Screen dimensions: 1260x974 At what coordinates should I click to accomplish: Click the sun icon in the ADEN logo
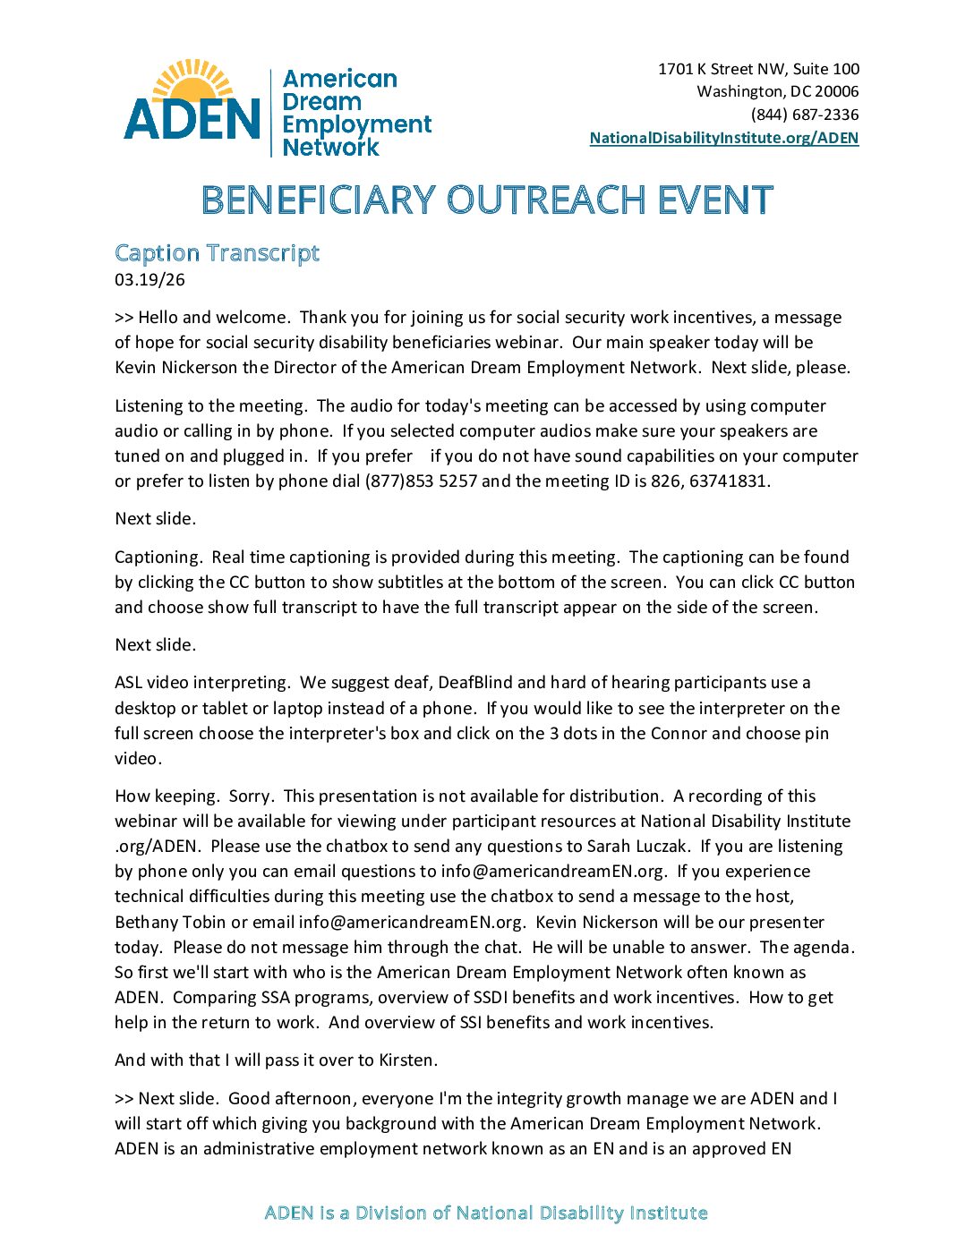tap(192, 80)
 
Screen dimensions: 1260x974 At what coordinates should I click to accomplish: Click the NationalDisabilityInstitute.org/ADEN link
tap(723, 138)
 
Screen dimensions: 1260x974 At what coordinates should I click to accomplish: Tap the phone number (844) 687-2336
tap(805, 115)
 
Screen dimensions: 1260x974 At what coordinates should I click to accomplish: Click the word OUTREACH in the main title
tap(546, 200)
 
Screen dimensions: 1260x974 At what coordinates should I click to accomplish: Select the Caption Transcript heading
tap(217, 253)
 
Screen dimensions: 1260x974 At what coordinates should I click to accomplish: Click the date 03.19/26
tap(150, 279)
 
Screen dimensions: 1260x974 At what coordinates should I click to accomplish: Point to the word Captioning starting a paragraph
tap(158, 557)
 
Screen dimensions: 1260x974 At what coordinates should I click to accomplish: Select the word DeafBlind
tap(474, 682)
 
